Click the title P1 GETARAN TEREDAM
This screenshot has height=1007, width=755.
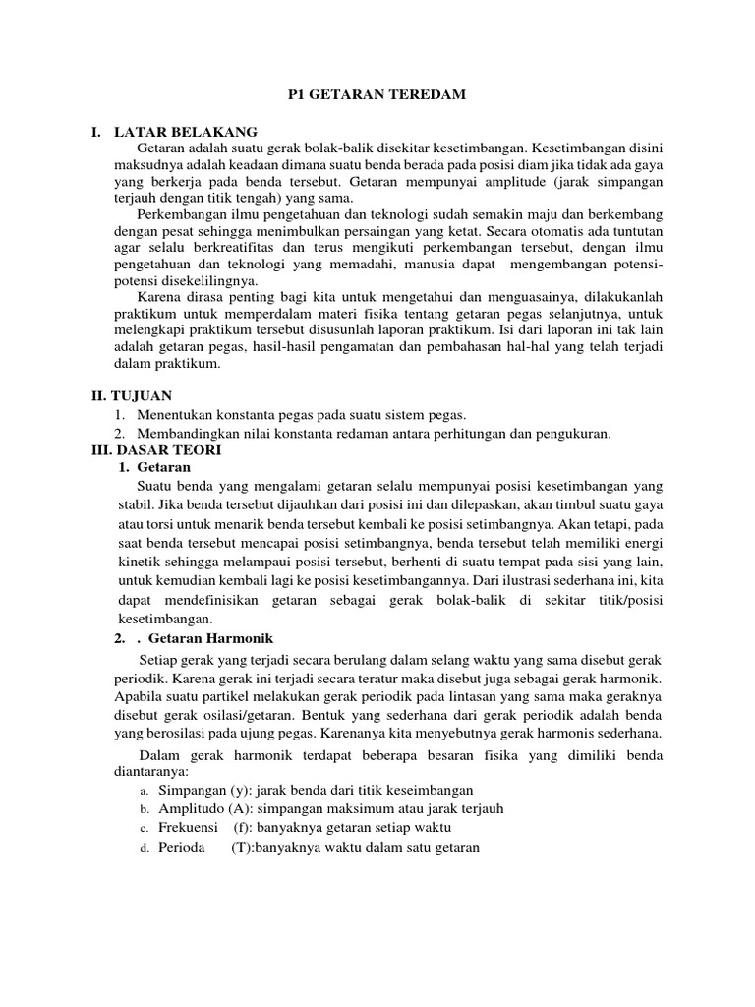(377, 93)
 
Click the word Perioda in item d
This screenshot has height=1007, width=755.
(182, 846)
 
